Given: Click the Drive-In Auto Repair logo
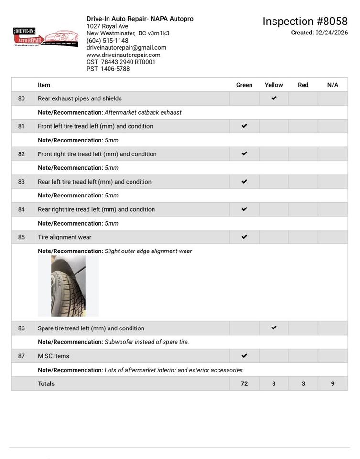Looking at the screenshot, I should coord(46,38).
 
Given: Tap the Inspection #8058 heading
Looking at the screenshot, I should coord(305,22).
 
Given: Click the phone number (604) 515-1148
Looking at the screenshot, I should coord(107,41).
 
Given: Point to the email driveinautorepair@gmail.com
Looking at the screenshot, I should coord(126,48).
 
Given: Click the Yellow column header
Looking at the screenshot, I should coord(273,85).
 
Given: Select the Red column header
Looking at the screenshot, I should coord(303,85).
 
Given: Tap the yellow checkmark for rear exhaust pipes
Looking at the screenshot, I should coord(273,98).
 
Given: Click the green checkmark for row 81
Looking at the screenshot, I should coord(244,126).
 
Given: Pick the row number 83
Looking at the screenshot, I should coord(22,182).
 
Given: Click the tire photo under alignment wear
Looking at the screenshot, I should coord(68,286).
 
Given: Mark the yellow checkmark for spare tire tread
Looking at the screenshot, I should coord(273,328).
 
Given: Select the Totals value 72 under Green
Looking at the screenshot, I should coord(244,384).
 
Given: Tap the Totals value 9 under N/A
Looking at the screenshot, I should coord(333,384).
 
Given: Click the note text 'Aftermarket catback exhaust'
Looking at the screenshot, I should coord(143,113).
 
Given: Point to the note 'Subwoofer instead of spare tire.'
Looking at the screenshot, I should coord(147,342).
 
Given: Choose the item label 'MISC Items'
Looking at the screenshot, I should coord(54,356).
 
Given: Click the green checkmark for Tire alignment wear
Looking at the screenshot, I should coord(244,237).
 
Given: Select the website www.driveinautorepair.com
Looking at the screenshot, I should coord(123,55).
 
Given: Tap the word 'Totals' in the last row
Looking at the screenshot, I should coord(46,384).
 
